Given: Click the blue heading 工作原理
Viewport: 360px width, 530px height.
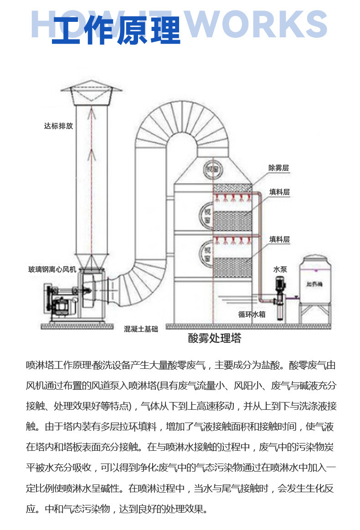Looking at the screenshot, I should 116,31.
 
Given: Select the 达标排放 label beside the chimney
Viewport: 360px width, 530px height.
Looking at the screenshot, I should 58,126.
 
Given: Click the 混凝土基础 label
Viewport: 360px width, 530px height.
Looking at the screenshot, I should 141,329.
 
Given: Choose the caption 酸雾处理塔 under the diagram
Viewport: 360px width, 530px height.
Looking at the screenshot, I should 214,338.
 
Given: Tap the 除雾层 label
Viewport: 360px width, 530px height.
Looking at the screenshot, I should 278,168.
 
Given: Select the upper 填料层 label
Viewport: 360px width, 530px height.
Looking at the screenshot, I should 279,192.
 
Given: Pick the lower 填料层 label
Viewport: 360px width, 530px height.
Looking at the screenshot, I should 279,239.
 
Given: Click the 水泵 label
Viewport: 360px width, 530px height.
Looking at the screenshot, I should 280,269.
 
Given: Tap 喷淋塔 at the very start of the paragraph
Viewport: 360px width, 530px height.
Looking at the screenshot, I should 40,365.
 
